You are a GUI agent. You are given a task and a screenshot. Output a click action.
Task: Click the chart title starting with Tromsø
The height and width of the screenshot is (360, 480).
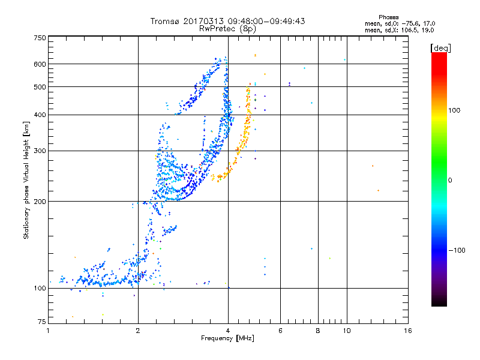[227, 20]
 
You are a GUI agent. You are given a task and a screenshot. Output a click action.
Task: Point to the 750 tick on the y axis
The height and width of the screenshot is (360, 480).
[40, 38]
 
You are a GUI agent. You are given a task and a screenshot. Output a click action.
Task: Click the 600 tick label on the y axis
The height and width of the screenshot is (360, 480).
[40, 64]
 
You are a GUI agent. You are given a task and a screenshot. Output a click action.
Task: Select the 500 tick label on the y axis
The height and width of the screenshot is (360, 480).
[40, 87]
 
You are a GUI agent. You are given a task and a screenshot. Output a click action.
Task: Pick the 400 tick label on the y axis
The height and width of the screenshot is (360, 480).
[40, 115]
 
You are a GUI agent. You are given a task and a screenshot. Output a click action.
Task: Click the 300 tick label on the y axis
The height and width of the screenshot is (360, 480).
[40, 151]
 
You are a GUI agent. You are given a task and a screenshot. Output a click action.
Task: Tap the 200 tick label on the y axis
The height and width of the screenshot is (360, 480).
[40, 201]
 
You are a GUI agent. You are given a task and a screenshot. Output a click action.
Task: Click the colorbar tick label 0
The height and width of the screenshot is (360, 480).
[449, 180]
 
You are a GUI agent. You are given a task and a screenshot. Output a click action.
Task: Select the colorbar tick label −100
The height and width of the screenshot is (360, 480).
[458, 250]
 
